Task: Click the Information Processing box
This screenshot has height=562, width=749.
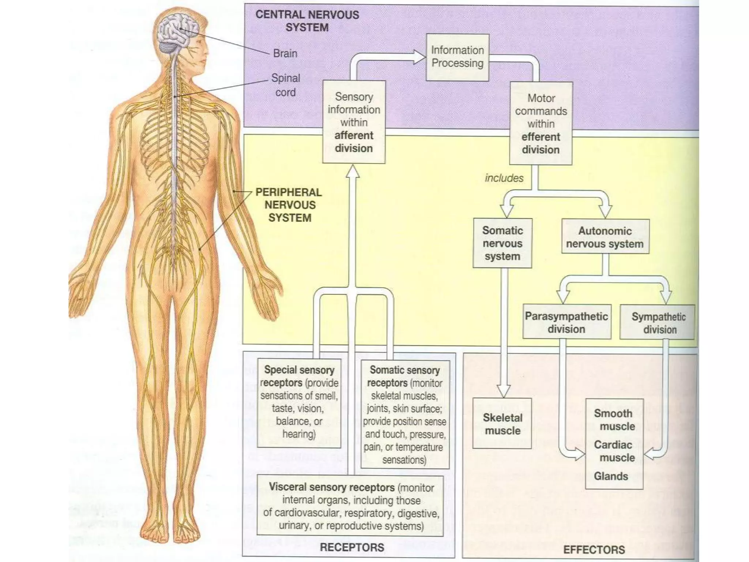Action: click(x=457, y=57)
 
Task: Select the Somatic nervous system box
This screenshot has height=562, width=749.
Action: click(x=502, y=243)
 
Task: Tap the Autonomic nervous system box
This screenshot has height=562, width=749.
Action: click(x=605, y=237)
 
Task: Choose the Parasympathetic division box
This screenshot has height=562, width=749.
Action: click(x=567, y=322)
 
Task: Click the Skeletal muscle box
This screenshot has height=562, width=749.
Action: click(x=502, y=424)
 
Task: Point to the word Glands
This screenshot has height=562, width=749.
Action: click(x=611, y=476)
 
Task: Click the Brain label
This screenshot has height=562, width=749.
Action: click(x=285, y=53)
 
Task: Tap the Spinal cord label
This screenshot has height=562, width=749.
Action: click(x=286, y=85)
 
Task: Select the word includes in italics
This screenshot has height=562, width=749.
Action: click(x=504, y=178)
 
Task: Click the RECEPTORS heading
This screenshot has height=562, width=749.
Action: click(x=352, y=547)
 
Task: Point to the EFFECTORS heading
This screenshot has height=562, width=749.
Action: click(x=594, y=550)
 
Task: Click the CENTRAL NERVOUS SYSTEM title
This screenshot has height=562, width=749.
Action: click(x=307, y=21)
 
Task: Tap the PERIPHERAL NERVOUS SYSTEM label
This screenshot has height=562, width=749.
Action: click(x=289, y=205)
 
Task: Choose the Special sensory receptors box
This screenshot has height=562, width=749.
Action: click(x=299, y=402)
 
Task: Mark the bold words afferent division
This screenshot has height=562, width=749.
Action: click(x=354, y=142)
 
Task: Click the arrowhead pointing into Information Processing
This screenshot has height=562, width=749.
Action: click(x=420, y=57)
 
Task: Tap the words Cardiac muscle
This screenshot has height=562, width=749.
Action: click(x=614, y=451)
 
